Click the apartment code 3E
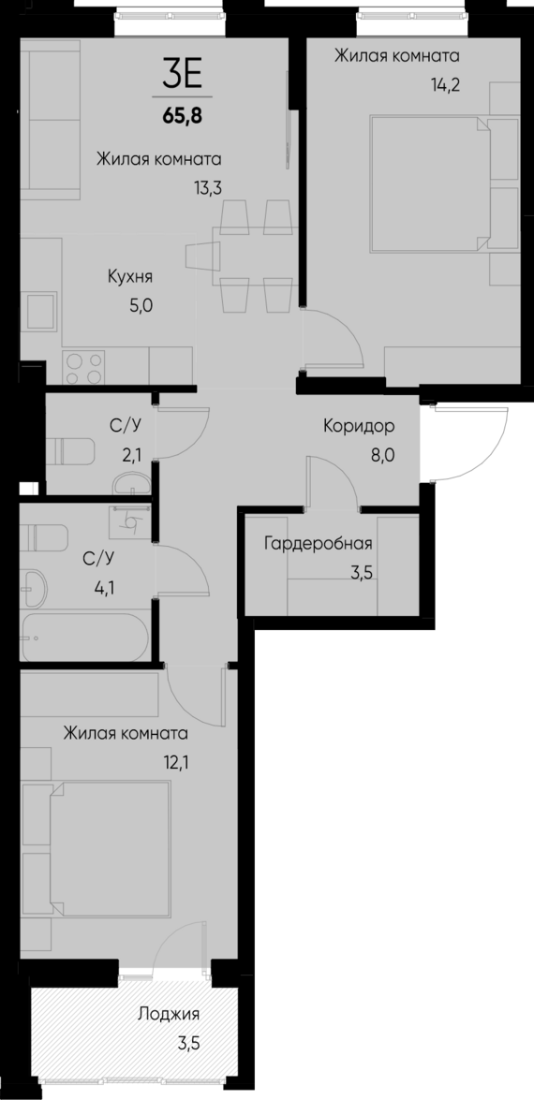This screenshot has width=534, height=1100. (x=182, y=73)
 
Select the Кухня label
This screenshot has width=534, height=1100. (x=130, y=277)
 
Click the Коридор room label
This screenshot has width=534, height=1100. (x=359, y=426)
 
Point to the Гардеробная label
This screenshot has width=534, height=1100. (x=319, y=544)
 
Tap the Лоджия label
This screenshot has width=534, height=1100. (x=169, y=1014)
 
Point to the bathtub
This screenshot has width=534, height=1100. (x=83, y=638)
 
